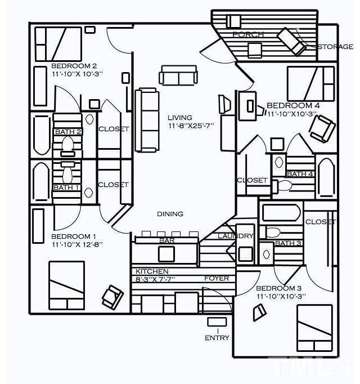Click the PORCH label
(248, 34)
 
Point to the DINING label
(170, 214)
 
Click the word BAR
(166, 240)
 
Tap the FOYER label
(216, 278)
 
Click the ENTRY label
(217, 338)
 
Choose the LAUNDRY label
(236, 236)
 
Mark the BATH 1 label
(66, 187)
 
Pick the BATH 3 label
(288, 243)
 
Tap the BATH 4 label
(300, 174)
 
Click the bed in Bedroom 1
(66, 285)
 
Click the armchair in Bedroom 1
(112, 297)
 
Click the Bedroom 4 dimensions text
(292, 114)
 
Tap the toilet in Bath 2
(68, 146)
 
